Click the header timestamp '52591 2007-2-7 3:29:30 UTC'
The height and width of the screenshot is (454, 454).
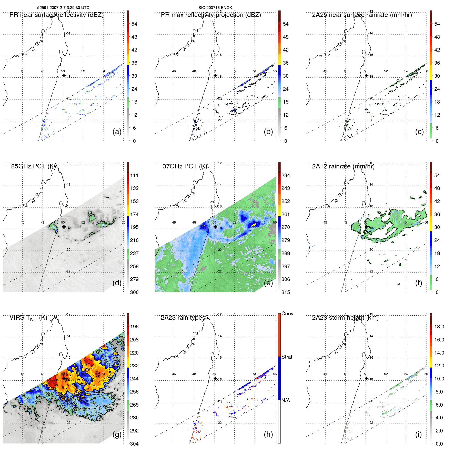[x=63, y=8]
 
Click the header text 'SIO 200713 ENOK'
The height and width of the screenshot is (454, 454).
[x=215, y=8]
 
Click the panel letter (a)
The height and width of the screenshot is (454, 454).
[x=117, y=132]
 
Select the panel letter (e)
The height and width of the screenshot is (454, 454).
[x=268, y=283]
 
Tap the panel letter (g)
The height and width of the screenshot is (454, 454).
[x=117, y=434]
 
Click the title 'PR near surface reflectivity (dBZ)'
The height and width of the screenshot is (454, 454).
[x=56, y=15]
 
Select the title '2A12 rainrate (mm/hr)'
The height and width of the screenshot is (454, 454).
[x=343, y=166]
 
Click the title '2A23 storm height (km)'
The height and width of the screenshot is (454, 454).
[x=345, y=318]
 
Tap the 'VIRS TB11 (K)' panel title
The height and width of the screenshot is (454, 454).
[x=28, y=318]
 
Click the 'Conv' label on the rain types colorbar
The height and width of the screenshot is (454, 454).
[x=287, y=314]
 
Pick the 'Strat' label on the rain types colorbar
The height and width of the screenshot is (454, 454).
[x=287, y=357]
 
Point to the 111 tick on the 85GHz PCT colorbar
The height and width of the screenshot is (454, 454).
[x=134, y=175]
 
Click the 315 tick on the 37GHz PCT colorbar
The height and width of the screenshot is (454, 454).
[x=286, y=292]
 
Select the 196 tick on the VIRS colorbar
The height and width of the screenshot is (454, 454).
[x=134, y=327]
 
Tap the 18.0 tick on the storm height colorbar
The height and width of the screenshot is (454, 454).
[x=439, y=327]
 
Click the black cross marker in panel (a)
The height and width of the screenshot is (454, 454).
[x=64, y=75]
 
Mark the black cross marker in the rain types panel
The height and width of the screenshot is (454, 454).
[x=215, y=378]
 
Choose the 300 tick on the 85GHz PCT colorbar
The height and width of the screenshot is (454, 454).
[x=134, y=292]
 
